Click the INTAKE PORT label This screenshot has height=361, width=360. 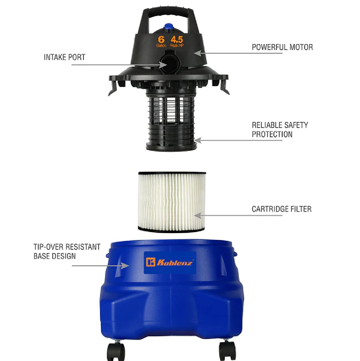pyautogui.click(x=64, y=57)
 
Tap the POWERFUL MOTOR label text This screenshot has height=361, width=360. pyautogui.click(x=282, y=47)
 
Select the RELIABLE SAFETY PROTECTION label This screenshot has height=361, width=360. pyautogui.click(x=280, y=130)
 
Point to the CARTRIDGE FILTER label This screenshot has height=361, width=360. pyautogui.click(x=282, y=209)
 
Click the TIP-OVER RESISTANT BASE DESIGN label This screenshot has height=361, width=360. pyautogui.click(x=67, y=251)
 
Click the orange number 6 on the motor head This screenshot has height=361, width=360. pyautogui.click(x=161, y=40)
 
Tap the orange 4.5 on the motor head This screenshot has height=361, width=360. pyautogui.click(x=177, y=40)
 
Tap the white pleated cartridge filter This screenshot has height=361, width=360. pyautogui.click(x=172, y=201)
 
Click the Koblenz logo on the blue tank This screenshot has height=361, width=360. pyautogui.click(x=170, y=262)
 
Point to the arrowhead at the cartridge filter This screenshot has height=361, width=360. pyautogui.click(x=198, y=216)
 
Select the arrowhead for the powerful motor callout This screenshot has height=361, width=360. pyautogui.click(x=198, y=53)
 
